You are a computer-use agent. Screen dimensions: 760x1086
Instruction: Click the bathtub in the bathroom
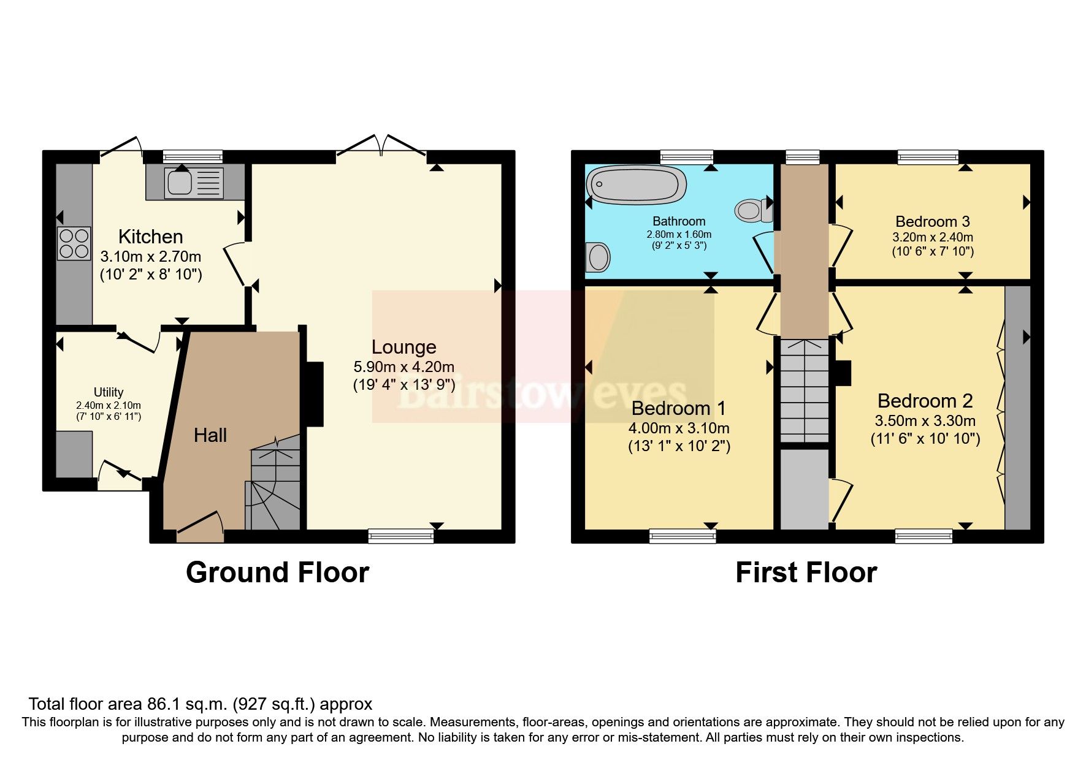[x=636, y=184]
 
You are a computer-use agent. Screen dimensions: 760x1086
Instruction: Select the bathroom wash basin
[x=598, y=257]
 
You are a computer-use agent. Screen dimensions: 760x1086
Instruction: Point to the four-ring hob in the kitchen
[x=74, y=243]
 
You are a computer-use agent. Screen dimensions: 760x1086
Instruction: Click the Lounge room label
[x=403, y=347]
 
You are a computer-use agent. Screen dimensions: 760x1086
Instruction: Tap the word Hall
[x=210, y=435]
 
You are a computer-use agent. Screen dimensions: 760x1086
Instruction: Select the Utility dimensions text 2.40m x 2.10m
[x=109, y=405]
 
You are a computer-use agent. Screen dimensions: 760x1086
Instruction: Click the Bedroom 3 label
[x=932, y=221]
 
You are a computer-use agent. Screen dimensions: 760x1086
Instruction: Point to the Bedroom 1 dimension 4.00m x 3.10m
[x=679, y=428]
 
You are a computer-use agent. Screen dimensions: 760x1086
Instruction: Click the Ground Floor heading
[x=277, y=572]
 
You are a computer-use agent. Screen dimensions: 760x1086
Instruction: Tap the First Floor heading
[x=806, y=572]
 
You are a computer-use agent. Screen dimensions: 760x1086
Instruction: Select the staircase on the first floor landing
[x=804, y=390]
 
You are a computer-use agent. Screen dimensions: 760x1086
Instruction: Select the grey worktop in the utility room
[x=74, y=454]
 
